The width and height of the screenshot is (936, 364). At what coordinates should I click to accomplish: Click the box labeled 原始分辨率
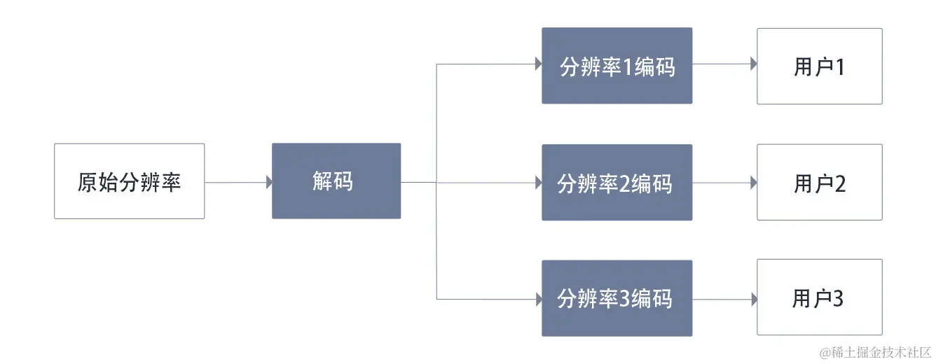coord(130,181)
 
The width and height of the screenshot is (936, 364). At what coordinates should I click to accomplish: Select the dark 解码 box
coord(336,181)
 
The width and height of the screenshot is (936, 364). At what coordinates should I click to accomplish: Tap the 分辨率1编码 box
coord(617,66)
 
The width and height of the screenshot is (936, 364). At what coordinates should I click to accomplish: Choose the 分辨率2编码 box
coord(617,183)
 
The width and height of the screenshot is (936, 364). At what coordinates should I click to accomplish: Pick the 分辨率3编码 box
coord(617,298)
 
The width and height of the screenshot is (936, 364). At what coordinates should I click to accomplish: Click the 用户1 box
coord(819,66)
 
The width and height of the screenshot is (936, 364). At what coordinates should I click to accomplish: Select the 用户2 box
coord(819,183)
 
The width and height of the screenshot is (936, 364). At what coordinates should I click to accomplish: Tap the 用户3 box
coord(819,298)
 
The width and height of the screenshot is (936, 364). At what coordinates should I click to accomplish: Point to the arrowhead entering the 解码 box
coord(268,182)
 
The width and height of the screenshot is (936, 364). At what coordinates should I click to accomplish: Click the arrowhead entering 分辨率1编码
coord(538,64)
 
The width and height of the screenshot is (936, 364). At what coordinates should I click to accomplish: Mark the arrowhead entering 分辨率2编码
coord(538,182)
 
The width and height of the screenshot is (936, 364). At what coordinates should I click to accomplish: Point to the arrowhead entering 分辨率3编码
coord(538,299)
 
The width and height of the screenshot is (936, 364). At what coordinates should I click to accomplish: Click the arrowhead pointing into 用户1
coord(753,64)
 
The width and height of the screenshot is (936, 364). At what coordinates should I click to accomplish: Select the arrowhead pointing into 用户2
coord(753,182)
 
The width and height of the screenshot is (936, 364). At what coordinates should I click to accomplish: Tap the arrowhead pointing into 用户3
coord(753,299)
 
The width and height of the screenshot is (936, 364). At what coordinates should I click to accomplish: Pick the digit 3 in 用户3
coord(838,299)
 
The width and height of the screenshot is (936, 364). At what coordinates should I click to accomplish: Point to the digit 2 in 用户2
coord(839,183)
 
